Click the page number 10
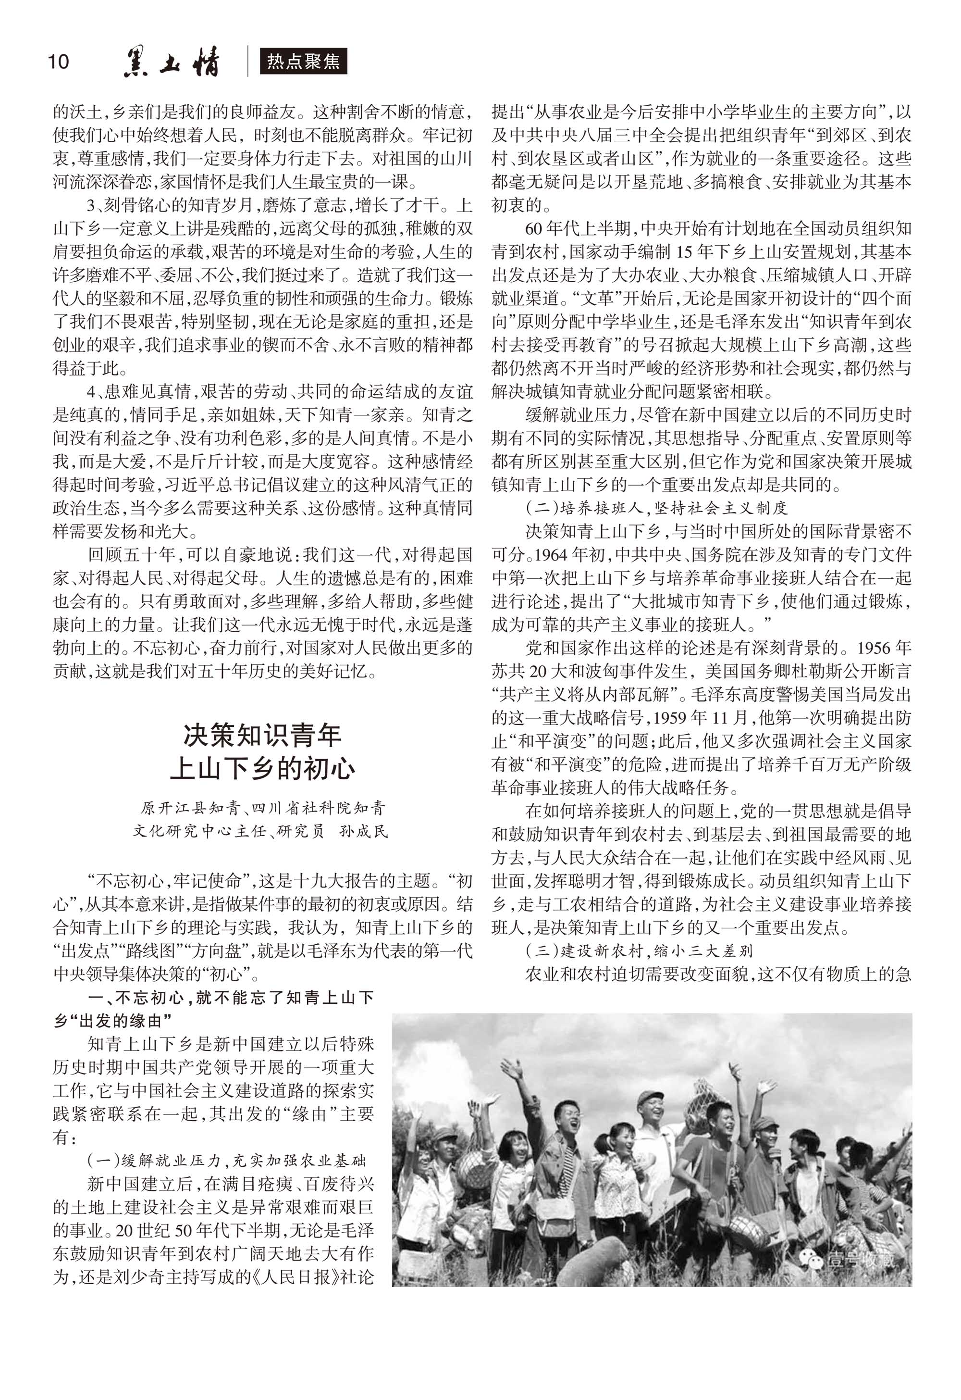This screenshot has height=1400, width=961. point(59,62)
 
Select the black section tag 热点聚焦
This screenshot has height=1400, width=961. point(304,62)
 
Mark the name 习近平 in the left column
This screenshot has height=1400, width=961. point(180,485)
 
